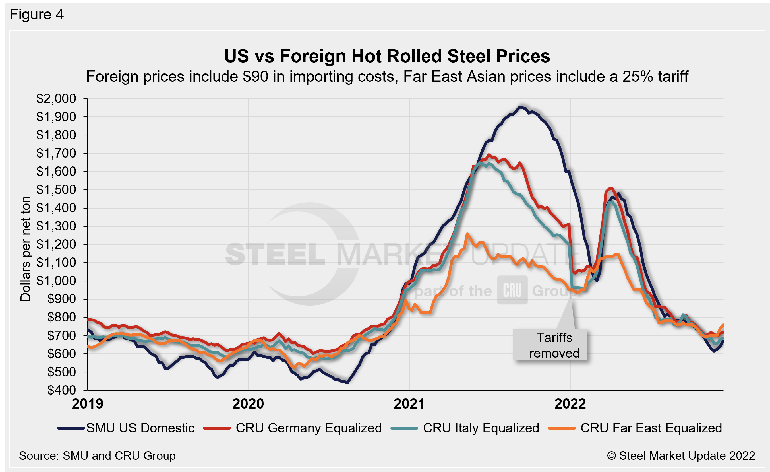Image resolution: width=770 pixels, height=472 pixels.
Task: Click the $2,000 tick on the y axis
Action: click(56, 99)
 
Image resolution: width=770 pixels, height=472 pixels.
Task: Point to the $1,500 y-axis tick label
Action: click(56, 190)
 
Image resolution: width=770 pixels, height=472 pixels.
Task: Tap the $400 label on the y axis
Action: click(62, 390)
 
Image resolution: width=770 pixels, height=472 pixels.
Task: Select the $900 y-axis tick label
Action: click(62, 299)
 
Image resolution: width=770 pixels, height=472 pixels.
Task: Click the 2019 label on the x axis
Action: click(88, 404)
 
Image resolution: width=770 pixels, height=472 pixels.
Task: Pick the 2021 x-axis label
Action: click(409, 404)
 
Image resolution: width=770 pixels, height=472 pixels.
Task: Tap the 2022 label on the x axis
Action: click(570, 404)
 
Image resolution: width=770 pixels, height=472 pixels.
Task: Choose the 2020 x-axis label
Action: click(248, 404)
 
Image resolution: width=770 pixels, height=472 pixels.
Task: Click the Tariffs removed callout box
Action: click(550, 345)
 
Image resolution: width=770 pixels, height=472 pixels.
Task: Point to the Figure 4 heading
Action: click(37, 15)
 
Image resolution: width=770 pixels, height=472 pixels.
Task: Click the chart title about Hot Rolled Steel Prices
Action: click(387, 57)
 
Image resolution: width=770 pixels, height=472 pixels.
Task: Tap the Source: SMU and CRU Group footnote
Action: click(97, 456)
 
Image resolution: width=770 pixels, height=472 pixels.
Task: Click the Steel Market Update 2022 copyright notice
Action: click(681, 456)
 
